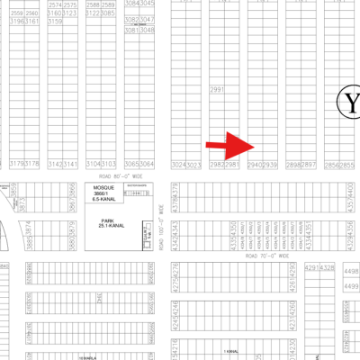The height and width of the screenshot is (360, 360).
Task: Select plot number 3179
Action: (x=15, y=164)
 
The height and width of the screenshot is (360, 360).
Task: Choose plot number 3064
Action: (x=148, y=164)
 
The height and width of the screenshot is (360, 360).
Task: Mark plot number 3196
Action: (x=15, y=22)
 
